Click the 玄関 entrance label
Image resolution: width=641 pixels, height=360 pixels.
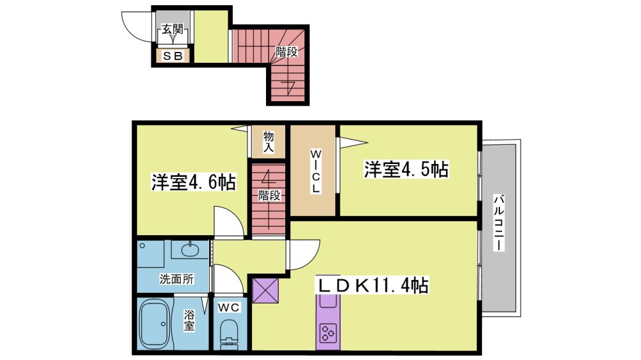click(x=172, y=29)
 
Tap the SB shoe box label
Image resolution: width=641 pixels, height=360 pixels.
click(x=172, y=56)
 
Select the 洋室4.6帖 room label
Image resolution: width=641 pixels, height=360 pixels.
click(x=194, y=182)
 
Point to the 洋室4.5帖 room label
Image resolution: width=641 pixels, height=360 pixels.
click(x=406, y=169)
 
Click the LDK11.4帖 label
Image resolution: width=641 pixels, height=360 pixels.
click(x=373, y=285)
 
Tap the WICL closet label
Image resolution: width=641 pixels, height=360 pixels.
click(x=315, y=172)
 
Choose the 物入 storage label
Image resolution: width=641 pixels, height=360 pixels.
click(x=268, y=142)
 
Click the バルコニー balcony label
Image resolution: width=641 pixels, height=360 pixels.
click(x=498, y=223)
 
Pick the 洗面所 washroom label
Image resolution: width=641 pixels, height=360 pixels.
click(x=177, y=279)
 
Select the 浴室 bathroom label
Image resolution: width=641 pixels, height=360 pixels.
click(x=189, y=320)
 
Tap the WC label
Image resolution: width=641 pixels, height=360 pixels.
click(x=229, y=307)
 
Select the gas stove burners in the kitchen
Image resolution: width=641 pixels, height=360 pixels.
click(x=328, y=332)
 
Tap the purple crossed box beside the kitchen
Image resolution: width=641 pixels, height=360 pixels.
click(x=265, y=290)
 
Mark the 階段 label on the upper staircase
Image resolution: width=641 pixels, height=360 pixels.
click(x=286, y=52)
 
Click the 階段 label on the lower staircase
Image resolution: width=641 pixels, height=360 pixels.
click(x=269, y=195)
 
